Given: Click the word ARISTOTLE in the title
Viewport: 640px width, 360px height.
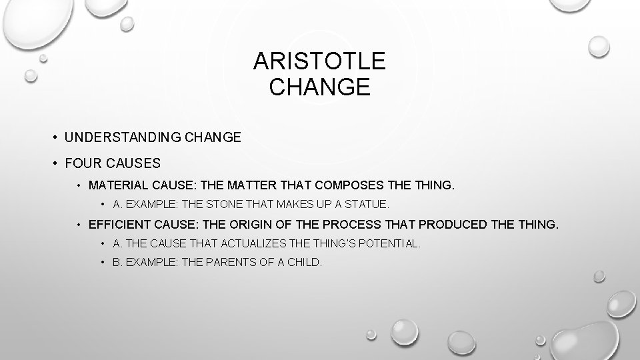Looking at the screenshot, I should [x=319, y=62].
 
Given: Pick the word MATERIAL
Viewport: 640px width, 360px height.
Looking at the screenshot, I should [x=115, y=185].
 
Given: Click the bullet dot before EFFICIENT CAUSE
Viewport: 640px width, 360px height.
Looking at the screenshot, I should [x=79, y=225].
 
